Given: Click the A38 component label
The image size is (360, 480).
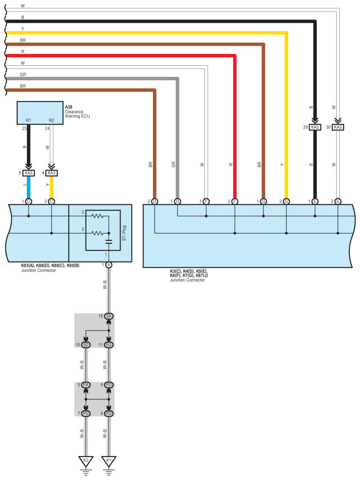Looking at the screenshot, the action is pyautogui.click(x=68, y=107).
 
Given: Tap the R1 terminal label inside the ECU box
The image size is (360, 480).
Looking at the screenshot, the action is pyautogui.click(x=29, y=120).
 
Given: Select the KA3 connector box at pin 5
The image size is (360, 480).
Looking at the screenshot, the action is pyautogui.click(x=29, y=173).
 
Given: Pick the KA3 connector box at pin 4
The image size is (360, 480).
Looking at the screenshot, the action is pyautogui.click(x=52, y=173).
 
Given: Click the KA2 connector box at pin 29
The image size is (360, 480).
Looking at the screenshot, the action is pyautogui.click(x=315, y=127).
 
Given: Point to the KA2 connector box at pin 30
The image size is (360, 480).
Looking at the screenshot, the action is pyautogui.click(x=337, y=127).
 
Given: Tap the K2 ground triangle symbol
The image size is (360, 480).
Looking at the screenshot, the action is pyautogui.click(x=86, y=461).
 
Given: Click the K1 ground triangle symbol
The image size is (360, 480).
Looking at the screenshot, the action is pyautogui.click(x=109, y=461).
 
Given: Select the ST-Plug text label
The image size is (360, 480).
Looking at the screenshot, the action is pyautogui.click(x=124, y=233).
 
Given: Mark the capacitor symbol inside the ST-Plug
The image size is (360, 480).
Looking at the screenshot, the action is pyautogui.click(x=109, y=242).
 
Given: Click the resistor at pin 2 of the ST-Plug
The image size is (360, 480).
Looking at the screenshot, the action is pyautogui.click(x=97, y=216).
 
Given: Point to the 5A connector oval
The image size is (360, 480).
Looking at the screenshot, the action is pyautogui.click(x=109, y=316).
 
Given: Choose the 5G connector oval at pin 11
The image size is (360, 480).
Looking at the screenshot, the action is pyautogui.click(x=109, y=345).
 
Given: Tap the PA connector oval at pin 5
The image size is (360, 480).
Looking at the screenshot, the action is pyautogui.click(x=86, y=385).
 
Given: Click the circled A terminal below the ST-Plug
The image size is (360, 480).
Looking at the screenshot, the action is pyautogui.click(x=109, y=265).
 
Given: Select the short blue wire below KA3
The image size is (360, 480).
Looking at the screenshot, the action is pyautogui.click(x=29, y=187).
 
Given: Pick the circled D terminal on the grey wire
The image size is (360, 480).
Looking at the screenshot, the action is pyautogui.click(x=177, y=202).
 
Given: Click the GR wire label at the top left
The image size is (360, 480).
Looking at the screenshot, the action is pyautogui.click(x=22, y=75).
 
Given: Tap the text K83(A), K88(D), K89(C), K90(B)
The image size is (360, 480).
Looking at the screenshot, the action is pyautogui.click(x=50, y=266).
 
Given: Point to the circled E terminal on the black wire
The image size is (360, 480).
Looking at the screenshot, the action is pyautogui.click(x=315, y=202).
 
